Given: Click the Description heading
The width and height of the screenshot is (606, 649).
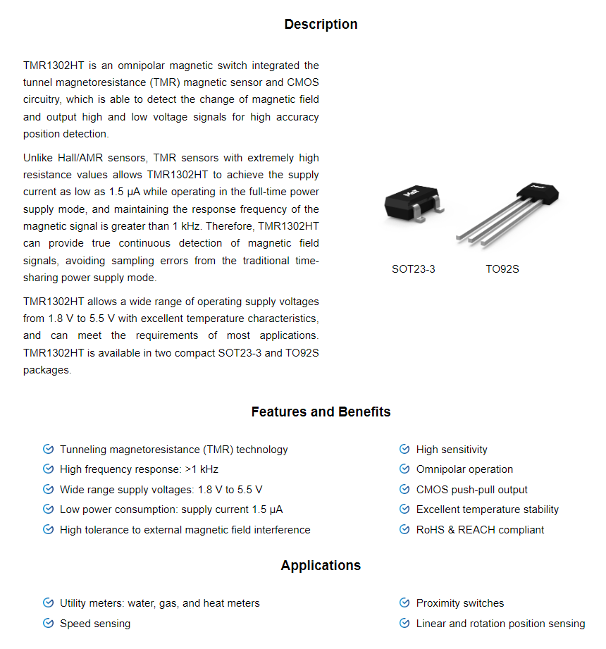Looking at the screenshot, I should coord(321,25).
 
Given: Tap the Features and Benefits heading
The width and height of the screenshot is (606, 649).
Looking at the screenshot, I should coord(321,412).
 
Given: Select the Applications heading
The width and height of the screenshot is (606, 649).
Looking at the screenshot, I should coord(321,565).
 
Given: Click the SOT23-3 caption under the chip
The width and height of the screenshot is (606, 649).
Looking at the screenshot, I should coord(414,268).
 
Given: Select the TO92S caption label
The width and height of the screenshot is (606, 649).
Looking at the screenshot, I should coord(502,268).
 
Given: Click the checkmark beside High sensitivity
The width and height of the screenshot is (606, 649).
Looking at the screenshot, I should coord(404,450).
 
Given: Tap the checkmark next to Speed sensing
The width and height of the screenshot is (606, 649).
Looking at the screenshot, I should coord(48,624).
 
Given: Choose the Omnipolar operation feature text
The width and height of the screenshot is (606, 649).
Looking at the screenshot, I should coord(464,469).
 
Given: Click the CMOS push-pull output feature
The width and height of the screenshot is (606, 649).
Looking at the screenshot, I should coord(471,490).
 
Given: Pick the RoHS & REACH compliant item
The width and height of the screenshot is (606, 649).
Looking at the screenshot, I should coord(480,530).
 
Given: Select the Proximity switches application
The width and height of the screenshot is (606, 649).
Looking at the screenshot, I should coord(460,603).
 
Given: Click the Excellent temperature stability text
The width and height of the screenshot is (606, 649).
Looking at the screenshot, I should coord(487,509).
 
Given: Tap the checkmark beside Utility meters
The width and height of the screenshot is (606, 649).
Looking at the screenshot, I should coord(48,603).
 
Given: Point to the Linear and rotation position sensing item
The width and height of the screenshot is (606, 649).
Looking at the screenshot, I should coord(500,624).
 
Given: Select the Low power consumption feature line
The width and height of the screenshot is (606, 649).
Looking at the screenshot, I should coord(171,509).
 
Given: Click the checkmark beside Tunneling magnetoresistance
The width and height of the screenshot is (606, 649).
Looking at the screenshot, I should coord(48,450).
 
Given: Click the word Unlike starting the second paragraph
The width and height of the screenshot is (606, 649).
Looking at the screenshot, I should coord(38,158).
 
